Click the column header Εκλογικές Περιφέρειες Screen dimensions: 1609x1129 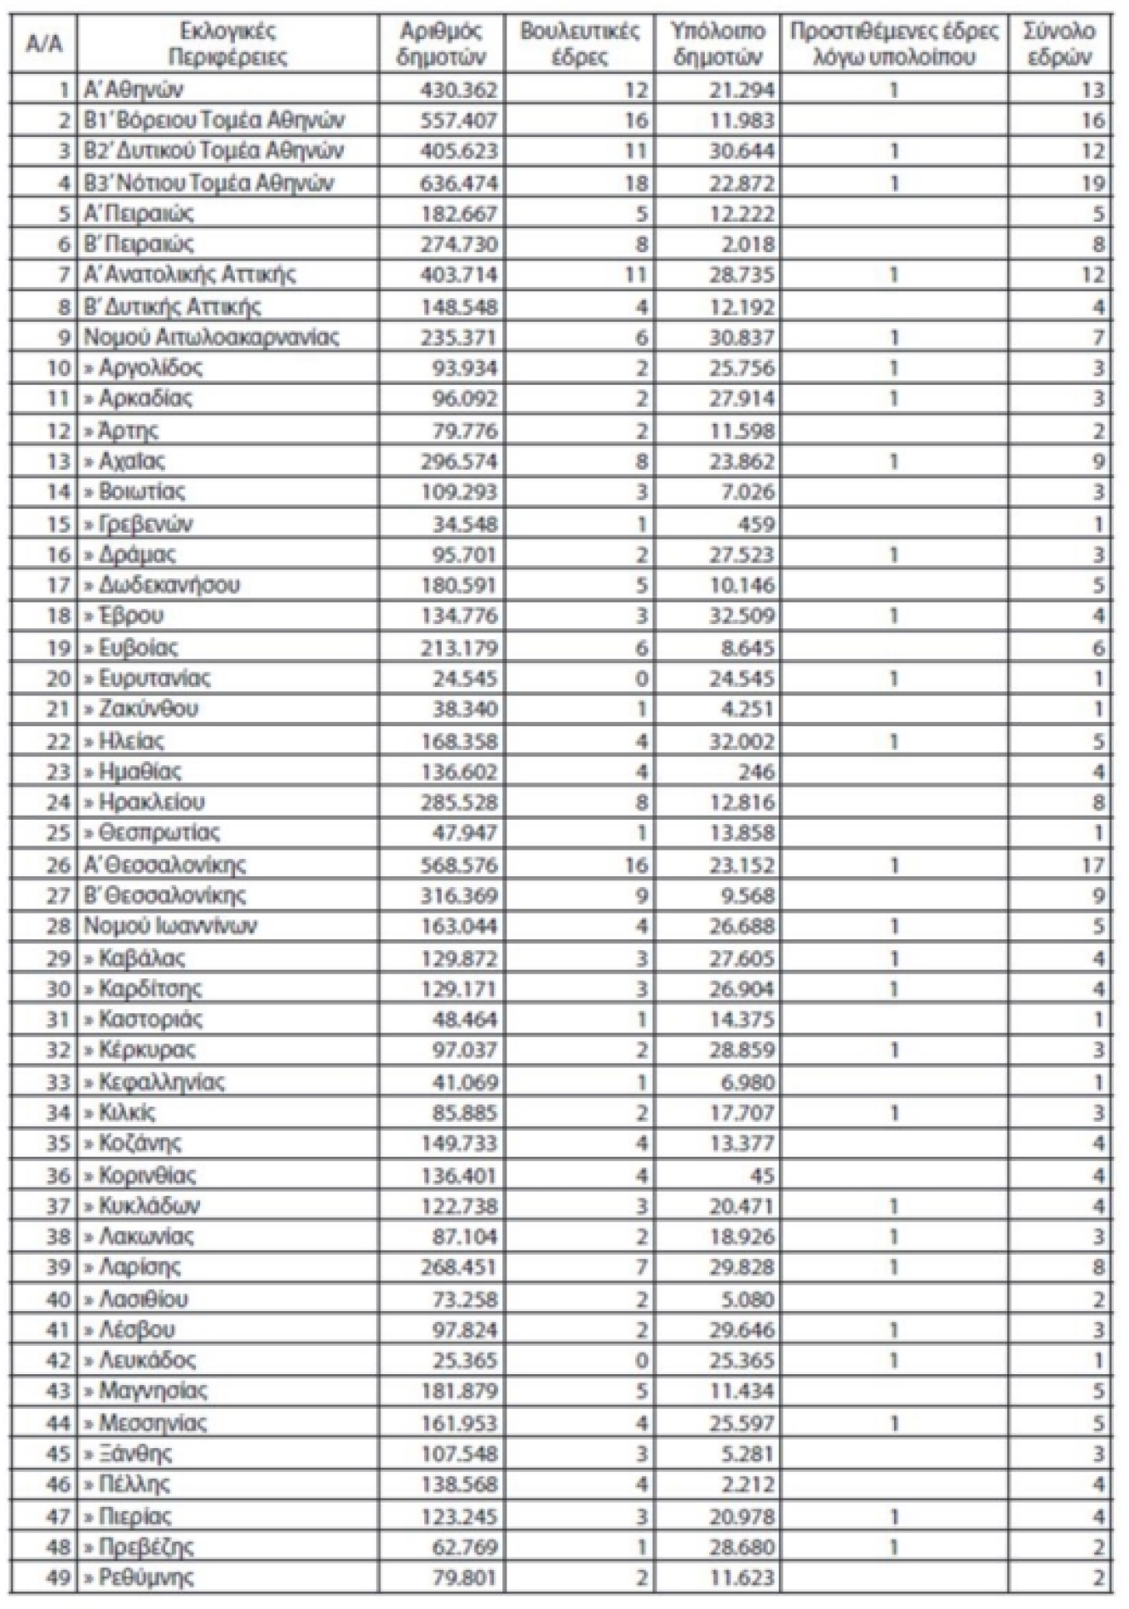[227, 44]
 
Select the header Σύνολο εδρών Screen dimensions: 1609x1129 [1058, 44]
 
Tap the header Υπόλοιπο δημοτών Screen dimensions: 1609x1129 [717, 44]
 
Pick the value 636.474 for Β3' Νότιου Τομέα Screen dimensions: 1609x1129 [459, 183]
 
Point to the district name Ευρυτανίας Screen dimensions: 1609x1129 [154, 678]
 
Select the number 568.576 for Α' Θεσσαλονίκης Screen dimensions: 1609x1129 [459, 865]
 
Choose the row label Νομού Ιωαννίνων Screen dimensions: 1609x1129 [170, 925]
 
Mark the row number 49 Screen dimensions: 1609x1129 [58, 1577]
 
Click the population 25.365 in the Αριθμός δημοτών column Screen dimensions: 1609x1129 [465, 1360]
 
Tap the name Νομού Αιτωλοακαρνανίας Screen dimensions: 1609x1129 [211, 337]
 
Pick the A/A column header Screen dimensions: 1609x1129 [44, 44]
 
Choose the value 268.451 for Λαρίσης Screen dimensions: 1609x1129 [459, 1267]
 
